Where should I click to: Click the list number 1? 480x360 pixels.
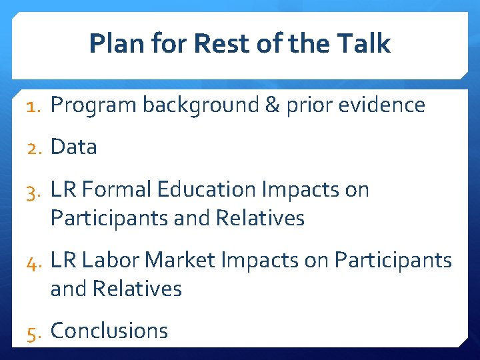point(34,105)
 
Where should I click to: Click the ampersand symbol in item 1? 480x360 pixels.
point(271,105)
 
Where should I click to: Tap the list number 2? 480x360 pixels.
point(34,147)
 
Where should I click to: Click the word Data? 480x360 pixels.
point(73,147)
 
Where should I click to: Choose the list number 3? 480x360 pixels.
point(34,191)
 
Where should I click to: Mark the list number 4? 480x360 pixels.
point(34,261)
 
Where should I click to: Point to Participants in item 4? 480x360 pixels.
point(393,260)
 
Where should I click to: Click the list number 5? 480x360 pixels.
point(34,331)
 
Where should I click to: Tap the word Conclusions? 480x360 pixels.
point(109,331)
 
